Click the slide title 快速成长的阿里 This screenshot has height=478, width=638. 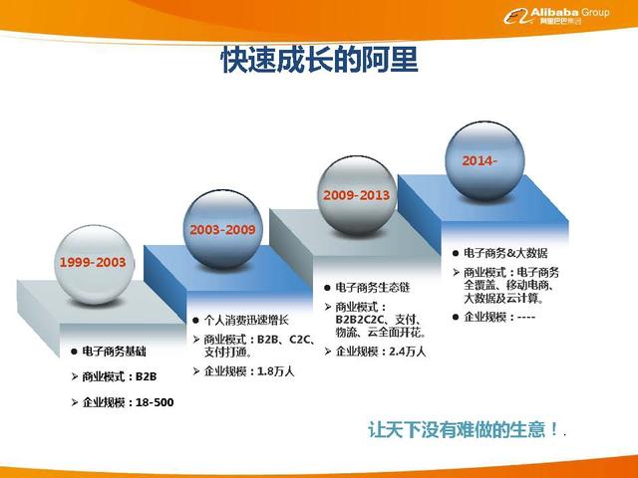point(319,61)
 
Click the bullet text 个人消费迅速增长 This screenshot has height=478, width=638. point(245,320)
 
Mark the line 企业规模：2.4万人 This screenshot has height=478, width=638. point(380,352)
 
